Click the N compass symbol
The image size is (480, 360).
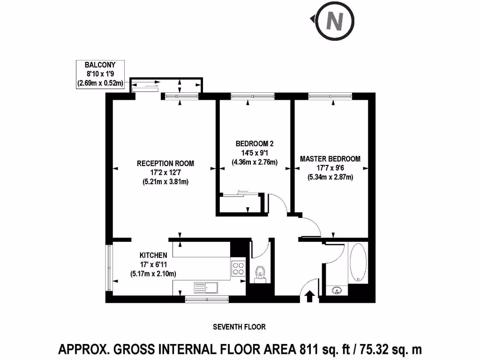[x=335, y=21]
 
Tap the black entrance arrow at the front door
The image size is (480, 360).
[x=310, y=296]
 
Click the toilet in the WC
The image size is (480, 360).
[x=260, y=274]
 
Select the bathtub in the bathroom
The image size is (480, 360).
[x=358, y=262]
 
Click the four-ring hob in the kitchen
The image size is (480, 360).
[x=239, y=268]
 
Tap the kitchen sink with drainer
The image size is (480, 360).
[x=206, y=288]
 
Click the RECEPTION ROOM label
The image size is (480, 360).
[x=165, y=164]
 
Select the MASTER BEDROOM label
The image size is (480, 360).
[x=330, y=159]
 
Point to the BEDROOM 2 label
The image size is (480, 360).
[x=255, y=143]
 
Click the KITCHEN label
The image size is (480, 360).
[x=153, y=255]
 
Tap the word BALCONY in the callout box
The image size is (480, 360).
[x=100, y=65]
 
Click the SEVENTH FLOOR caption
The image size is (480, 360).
[x=240, y=327]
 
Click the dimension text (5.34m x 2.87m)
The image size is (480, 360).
[x=330, y=177]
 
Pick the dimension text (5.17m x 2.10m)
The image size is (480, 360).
[x=153, y=274]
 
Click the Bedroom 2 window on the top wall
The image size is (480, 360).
[x=253, y=96]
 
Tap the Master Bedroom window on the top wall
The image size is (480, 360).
[x=330, y=96]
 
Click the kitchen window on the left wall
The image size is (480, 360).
[x=109, y=268]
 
